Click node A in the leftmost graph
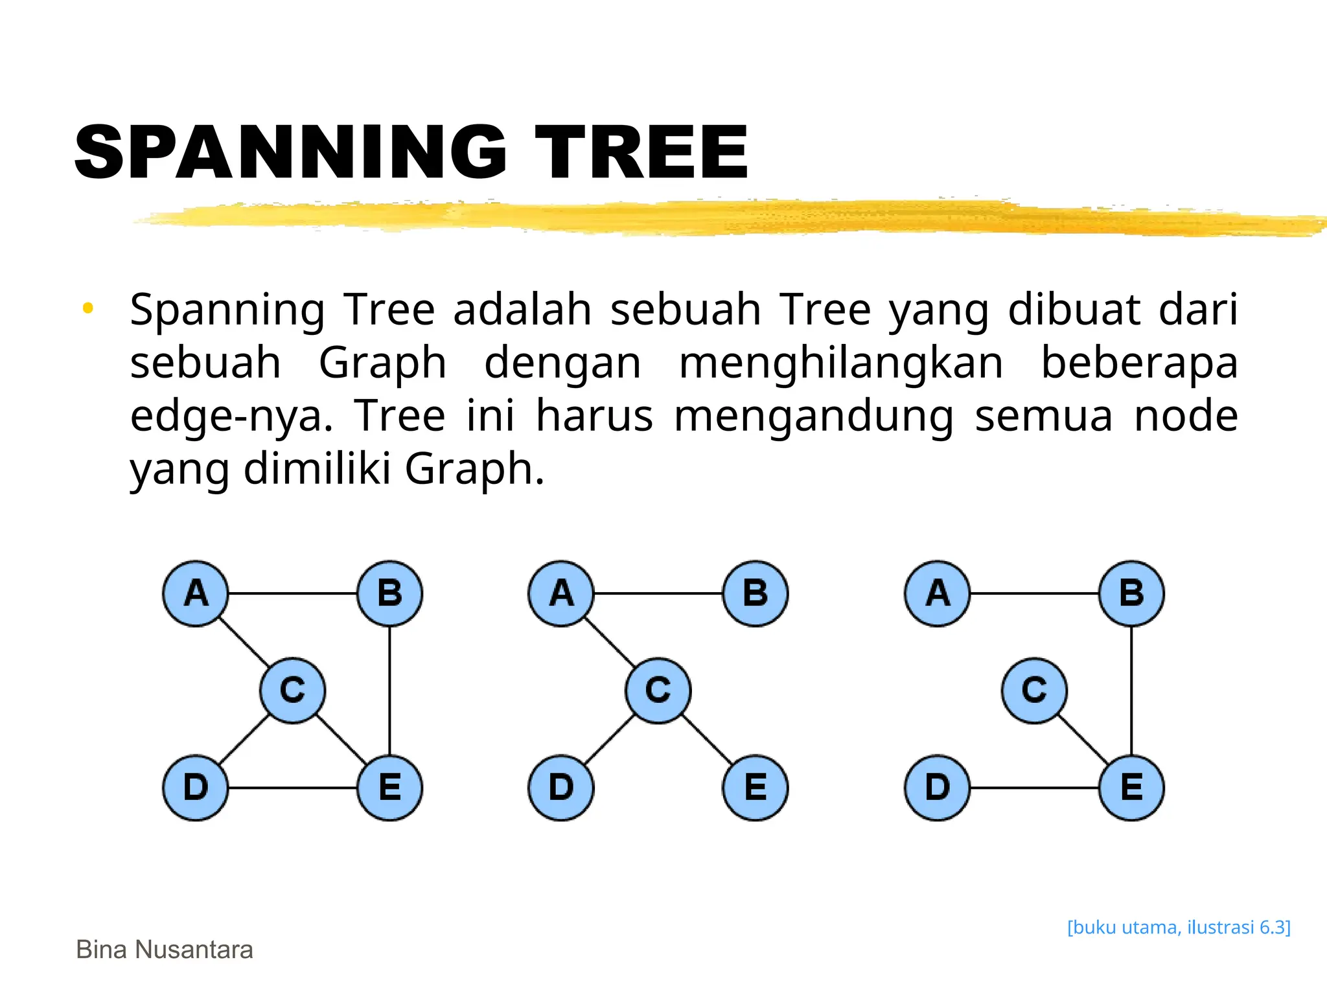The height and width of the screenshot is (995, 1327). coord(196,593)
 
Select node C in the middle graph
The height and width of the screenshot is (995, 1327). coord(658,690)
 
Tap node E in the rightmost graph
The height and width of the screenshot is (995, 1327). coord(1131,788)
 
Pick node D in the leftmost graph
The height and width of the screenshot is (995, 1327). coord(196,788)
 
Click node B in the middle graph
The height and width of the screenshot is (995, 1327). coord(756,593)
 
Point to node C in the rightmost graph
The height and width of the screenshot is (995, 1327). coord(1034,690)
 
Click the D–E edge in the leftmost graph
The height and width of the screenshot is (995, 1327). coord(293,788)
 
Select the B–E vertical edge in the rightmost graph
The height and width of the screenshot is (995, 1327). coord(1131,691)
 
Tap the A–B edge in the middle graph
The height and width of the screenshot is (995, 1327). coord(658,593)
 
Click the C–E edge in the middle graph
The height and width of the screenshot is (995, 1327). coord(708,740)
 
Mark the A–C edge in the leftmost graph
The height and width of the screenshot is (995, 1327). coord(244,642)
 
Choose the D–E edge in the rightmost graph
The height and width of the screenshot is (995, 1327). coord(1034,788)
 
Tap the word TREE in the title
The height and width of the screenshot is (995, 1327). coord(641,153)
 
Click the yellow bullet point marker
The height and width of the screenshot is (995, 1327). coord(88,308)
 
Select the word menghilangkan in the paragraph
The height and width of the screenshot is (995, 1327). coord(840,363)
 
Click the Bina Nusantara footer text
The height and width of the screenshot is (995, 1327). coord(165,950)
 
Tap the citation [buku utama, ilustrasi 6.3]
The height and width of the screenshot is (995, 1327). coord(1179,927)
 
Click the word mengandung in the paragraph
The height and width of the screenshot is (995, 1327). coord(814,416)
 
